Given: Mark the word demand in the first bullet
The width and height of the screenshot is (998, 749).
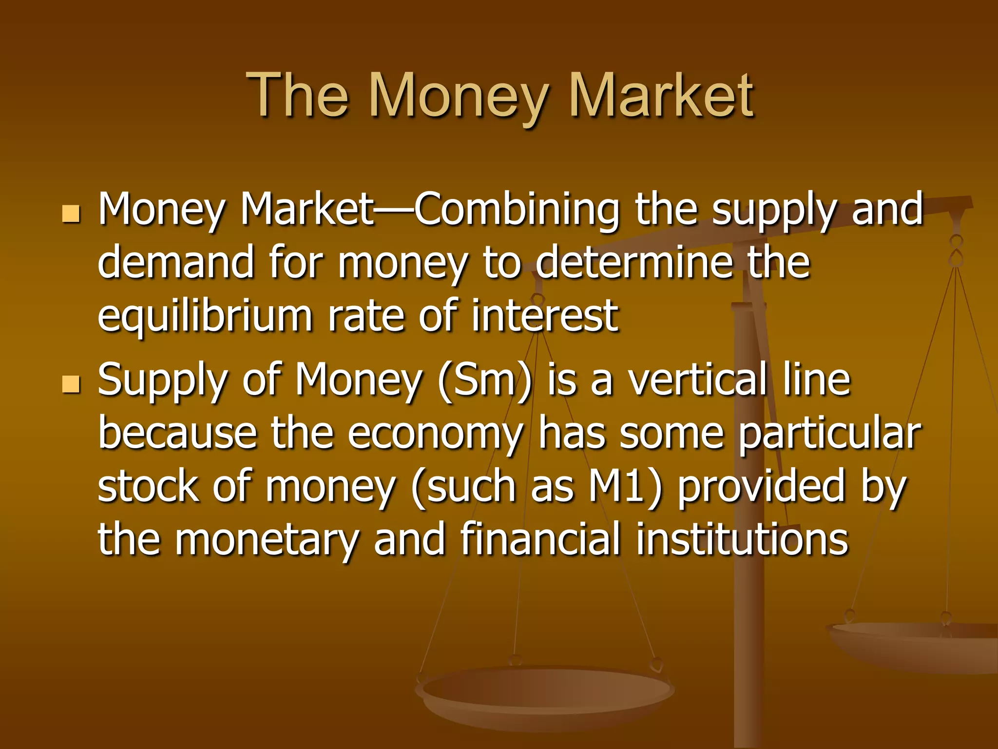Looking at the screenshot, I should [176, 263].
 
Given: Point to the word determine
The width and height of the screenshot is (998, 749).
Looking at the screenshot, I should [634, 263].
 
